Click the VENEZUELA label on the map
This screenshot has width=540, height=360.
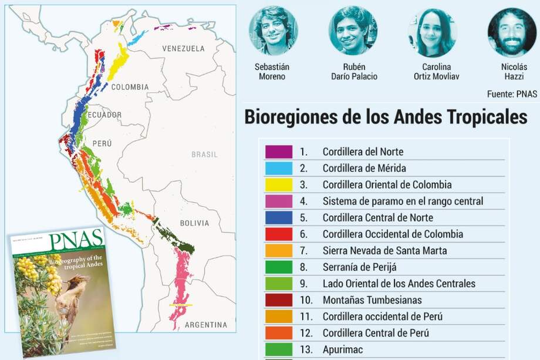click(x=183, y=48)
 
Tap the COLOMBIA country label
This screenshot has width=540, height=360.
click(x=130, y=87)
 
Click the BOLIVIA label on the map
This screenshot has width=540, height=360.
click(x=194, y=223)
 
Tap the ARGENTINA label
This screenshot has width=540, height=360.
click(x=205, y=325)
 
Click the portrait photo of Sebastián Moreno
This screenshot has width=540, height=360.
click(x=272, y=31)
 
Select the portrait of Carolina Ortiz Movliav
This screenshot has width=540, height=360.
click(x=432, y=32)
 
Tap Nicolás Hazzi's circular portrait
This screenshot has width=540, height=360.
click(x=511, y=32)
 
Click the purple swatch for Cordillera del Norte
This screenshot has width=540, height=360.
click(x=278, y=152)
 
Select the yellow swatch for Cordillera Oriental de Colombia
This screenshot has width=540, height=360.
click(x=278, y=184)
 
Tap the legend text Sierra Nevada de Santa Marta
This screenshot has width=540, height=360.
click(x=384, y=251)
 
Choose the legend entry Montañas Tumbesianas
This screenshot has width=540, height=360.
click(x=372, y=300)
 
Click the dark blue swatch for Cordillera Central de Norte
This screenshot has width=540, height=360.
click(x=278, y=217)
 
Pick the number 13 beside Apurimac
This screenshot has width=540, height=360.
click(x=305, y=349)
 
